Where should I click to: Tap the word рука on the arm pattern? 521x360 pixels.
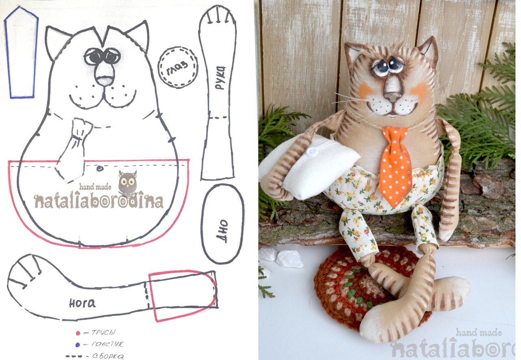(x=220, y=78)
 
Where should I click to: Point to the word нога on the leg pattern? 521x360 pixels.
(x=82, y=303)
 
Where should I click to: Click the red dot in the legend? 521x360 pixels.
(x=78, y=333)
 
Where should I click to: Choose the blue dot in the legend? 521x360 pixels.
(x=78, y=345)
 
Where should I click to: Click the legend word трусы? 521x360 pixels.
(x=103, y=332)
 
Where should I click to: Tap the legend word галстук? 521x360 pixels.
(x=107, y=344)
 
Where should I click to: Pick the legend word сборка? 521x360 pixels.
(x=108, y=356)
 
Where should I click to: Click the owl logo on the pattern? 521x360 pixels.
(x=127, y=184)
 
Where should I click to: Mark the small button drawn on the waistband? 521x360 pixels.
(x=100, y=168)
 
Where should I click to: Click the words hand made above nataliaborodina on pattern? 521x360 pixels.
(x=95, y=187)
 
